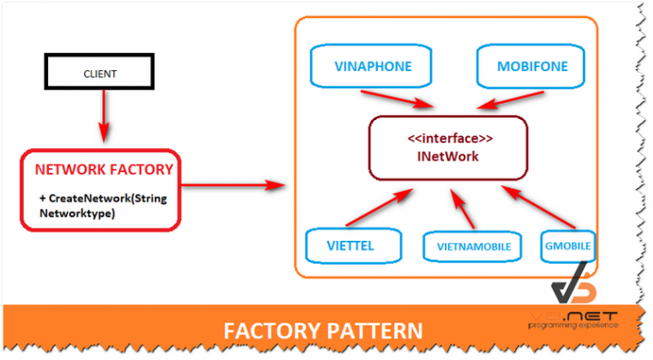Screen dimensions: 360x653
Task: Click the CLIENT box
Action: pos(100,74)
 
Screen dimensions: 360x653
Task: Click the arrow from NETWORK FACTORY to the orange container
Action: pos(231,183)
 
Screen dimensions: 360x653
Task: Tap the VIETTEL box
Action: pos(351,245)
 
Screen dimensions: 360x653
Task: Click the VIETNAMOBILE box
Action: pos(468,247)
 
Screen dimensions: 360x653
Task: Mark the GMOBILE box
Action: pos(567,245)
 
